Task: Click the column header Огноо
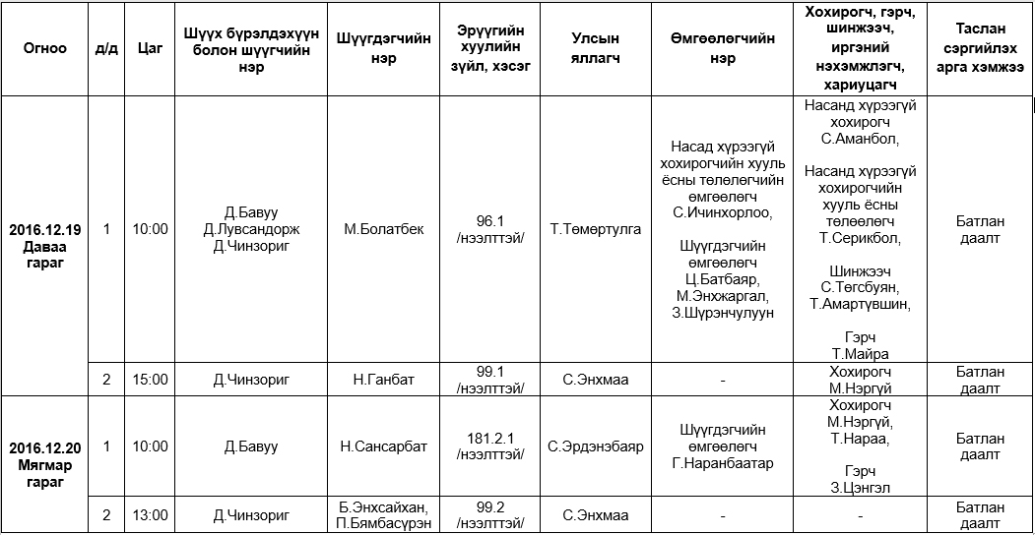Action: (45, 48)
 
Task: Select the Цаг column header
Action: (150, 48)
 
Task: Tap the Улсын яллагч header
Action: (595, 48)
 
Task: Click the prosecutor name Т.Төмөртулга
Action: (595, 229)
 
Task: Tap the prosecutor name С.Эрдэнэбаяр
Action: (595, 446)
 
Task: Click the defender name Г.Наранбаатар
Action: (723, 463)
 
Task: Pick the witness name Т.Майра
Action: (860, 354)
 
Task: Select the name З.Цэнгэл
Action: (860, 487)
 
